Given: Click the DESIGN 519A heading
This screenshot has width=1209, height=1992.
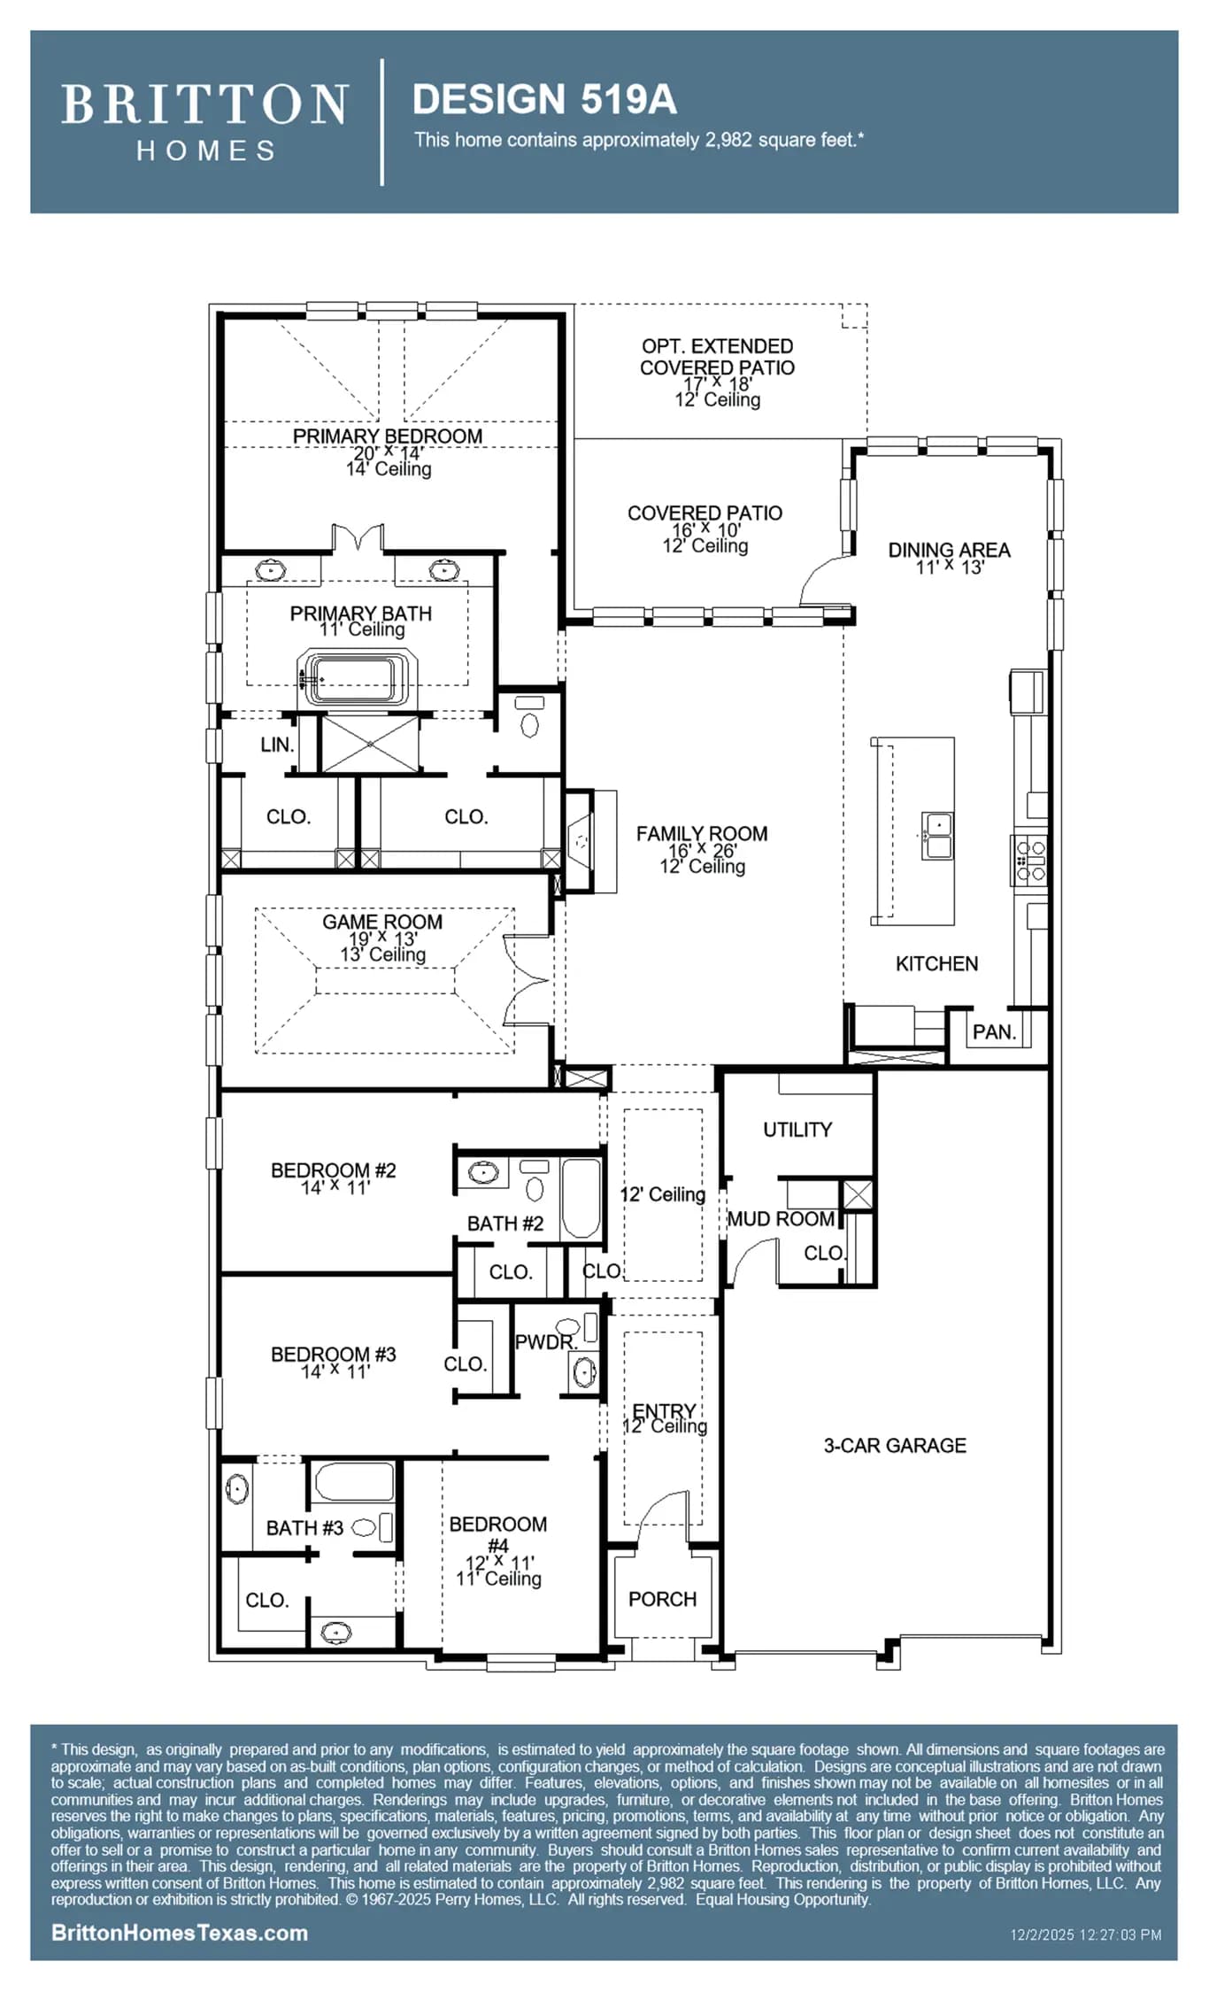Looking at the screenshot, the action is click(x=544, y=99).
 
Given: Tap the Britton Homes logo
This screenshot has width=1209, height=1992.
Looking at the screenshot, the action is click(x=204, y=122).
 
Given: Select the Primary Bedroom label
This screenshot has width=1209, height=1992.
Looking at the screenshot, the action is click(x=388, y=436).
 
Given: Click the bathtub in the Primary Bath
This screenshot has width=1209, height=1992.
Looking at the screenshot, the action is click(x=358, y=678).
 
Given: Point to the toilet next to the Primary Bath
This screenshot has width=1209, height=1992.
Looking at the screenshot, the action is click(x=529, y=717).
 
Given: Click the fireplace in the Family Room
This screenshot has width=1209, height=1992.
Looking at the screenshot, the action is click(x=581, y=839).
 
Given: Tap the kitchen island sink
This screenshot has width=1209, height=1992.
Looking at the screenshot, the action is click(x=937, y=835).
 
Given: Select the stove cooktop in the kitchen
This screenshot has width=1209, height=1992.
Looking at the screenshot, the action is click(x=1030, y=858).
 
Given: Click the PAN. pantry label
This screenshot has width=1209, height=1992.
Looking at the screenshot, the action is click(x=994, y=1032).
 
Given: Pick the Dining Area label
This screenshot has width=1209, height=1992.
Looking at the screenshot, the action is click(x=949, y=550).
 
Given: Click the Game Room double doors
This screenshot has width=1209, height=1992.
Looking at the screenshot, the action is click(x=527, y=980).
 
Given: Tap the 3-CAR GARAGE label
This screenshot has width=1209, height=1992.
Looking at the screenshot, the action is click(x=895, y=1446).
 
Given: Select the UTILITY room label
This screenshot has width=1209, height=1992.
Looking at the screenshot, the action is click(x=797, y=1130).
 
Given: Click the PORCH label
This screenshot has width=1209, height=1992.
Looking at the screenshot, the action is click(x=662, y=1599).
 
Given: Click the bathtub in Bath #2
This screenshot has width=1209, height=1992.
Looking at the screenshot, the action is click(x=581, y=1198).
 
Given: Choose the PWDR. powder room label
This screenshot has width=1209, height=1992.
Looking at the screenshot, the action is click(x=545, y=1342).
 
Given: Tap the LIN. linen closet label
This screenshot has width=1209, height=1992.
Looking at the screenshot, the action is click(x=277, y=745).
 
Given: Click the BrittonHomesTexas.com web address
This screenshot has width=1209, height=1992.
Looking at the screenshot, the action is click(x=180, y=1933).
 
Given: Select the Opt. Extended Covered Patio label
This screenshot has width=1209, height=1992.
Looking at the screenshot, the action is click(x=717, y=357).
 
